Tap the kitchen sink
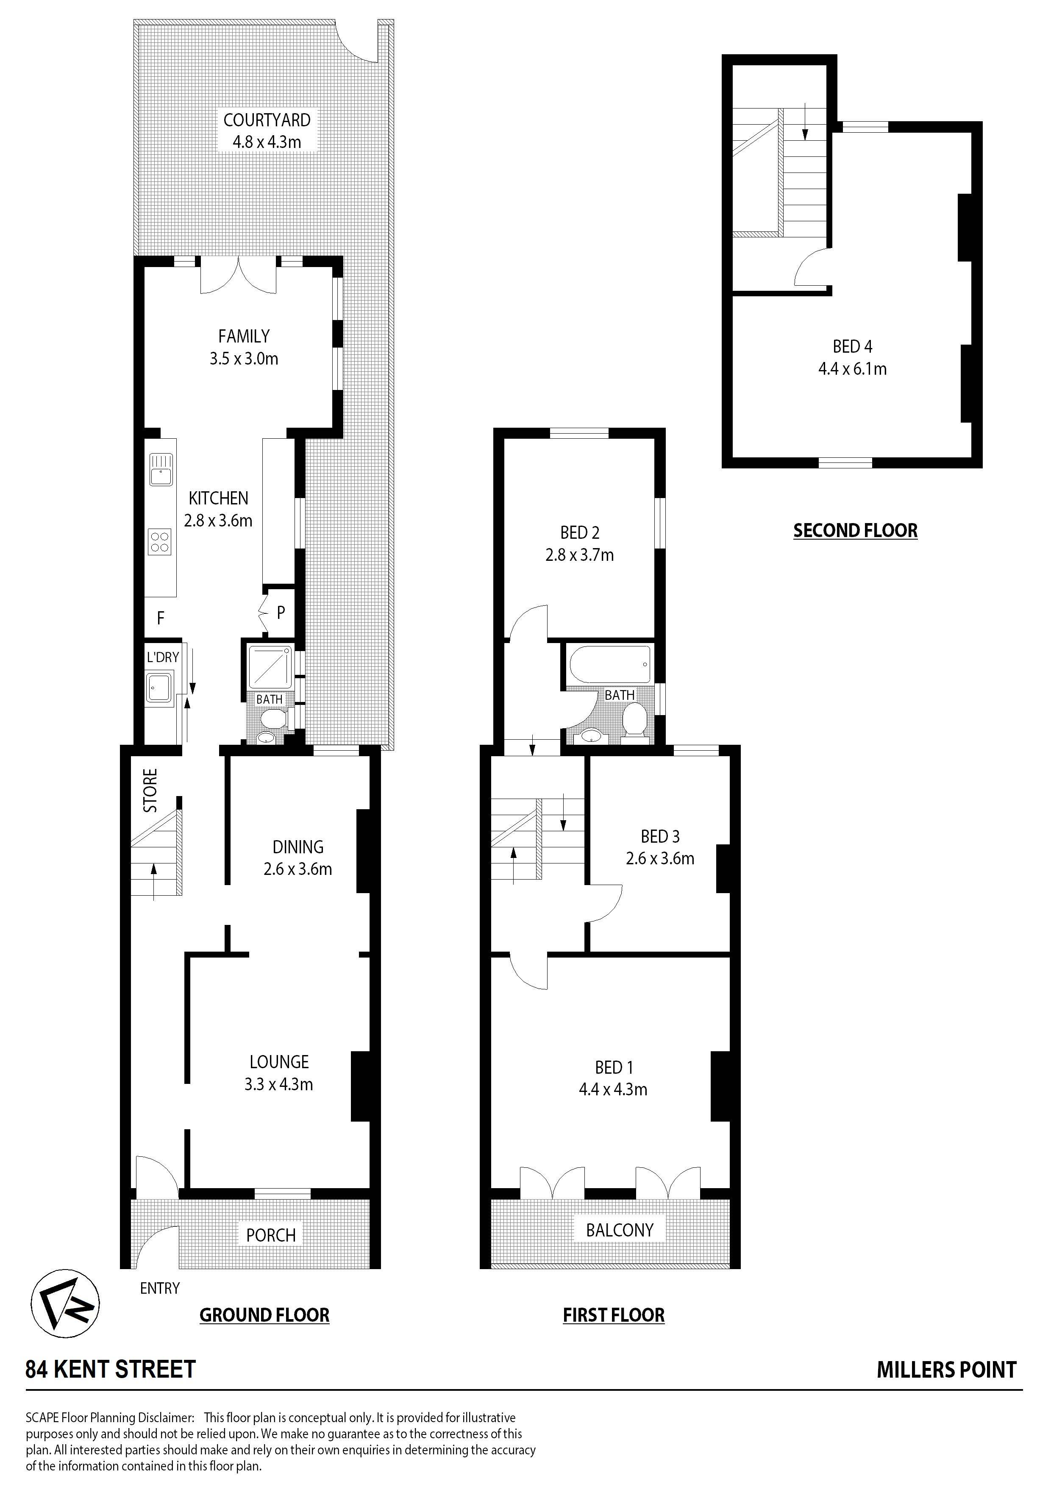coord(160,469)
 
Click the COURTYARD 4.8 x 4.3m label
coord(267,130)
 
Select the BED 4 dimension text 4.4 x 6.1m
coord(852,369)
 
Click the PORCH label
coord(271,1235)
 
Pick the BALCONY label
coord(620,1230)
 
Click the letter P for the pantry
coord(281,612)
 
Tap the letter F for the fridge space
coord(160,618)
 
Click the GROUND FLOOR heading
coord(264,1315)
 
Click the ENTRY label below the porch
coord(159,1288)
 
